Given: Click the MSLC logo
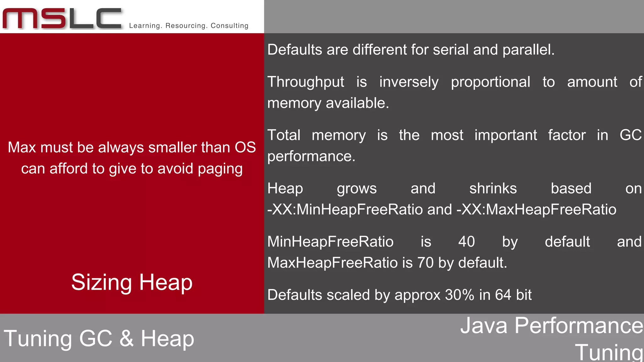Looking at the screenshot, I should click(x=62, y=19).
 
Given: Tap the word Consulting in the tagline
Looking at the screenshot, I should click(x=230, y=26).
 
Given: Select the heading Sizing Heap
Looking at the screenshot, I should click(x=132, y=282).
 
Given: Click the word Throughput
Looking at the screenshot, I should click(x=306, y=82).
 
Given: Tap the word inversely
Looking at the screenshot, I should click(x=409, y=82).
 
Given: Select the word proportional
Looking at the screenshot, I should click(x=491, y=82).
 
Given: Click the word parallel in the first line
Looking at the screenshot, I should click(x=528, y=50).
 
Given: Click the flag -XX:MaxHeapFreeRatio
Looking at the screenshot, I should click(x=536, y=210).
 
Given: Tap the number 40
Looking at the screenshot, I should click(x=466, y=242).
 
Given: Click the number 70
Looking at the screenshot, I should click(x=425, y=263).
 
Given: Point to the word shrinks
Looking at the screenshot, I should click(x=493, y=189).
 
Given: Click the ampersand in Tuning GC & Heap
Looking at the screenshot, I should click(x=126, y=338).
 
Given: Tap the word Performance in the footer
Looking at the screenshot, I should click(x=579, y=326).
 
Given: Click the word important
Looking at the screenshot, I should click(x=506, y=135).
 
